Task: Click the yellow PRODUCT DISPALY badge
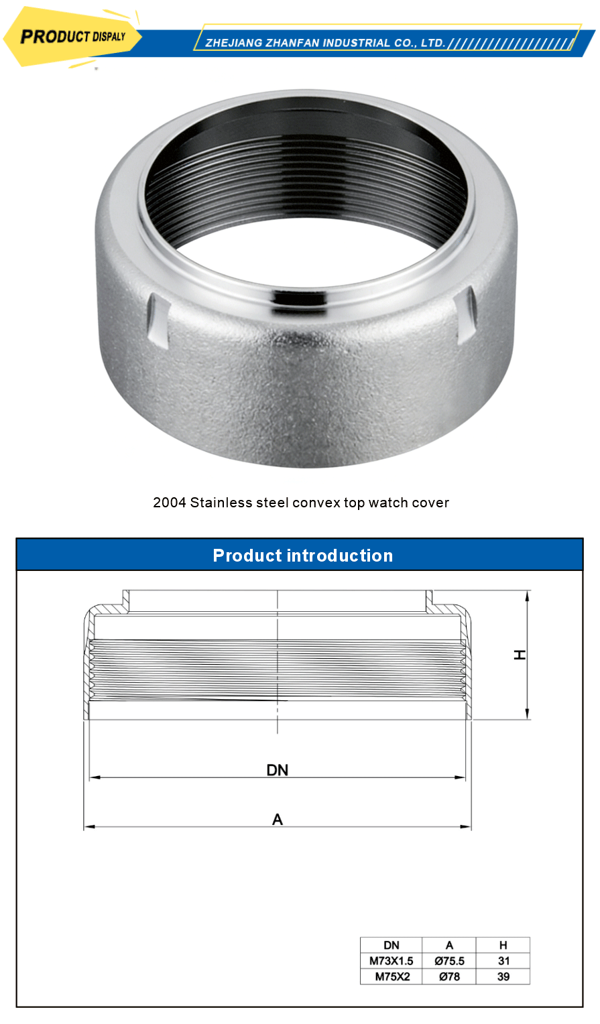72,37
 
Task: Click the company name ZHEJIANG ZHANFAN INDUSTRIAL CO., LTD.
325,43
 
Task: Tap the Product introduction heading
302,556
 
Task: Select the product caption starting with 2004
301,503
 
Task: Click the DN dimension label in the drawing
278,770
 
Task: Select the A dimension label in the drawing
278,819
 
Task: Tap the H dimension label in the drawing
520,655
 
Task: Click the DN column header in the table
392,945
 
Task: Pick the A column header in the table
449,945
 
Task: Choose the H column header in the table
503,945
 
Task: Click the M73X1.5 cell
392,961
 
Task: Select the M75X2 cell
392,976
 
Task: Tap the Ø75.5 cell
449,961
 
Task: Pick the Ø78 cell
449,976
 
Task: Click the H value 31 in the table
503,961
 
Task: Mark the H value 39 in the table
503,976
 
